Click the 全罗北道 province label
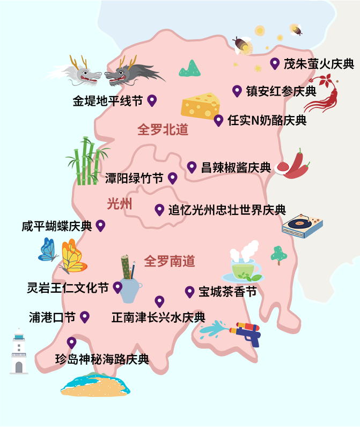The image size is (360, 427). (x=163, y=130)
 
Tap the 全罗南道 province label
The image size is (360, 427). (x=170, y=262)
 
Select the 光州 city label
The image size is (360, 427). (x=119, y=204)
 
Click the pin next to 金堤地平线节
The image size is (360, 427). (x=152, y=100)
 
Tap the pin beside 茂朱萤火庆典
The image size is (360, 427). (x=275, y=63)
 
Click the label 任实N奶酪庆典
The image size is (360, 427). (x=267, y=120)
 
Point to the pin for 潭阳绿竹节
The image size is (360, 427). (x=172, y=178)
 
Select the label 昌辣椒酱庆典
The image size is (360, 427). (x=236, y=167)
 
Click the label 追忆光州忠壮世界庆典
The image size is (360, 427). (x=227, y=210)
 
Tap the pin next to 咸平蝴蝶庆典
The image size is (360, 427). (x=100, y=225)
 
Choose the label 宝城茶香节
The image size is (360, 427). (x=227, y=292)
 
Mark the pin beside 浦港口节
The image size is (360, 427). (x=84, y=316)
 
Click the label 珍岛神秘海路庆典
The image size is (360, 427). (x=102, y=359)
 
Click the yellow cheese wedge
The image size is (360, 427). (x=201, y=105)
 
